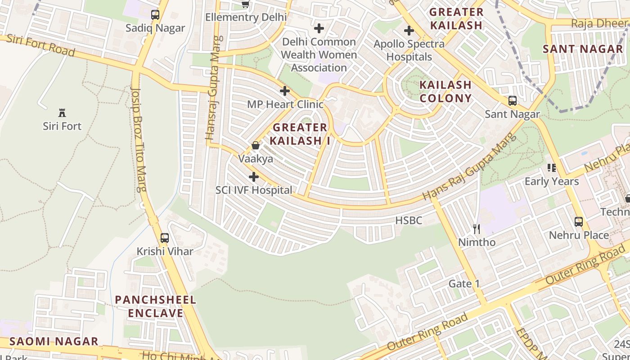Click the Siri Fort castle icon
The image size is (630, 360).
[x=62, y=113]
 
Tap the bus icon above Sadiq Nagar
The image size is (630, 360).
[x=155, y=15]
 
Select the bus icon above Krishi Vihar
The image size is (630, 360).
[x=165, y=238]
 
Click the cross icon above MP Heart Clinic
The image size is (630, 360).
[x=285, y=91]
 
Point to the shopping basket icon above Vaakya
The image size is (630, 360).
[x=256, y=145]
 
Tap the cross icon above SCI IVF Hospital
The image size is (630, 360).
[x=254, y=177]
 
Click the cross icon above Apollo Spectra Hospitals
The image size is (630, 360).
[x=409, y=31]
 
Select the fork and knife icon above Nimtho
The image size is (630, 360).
[x=477, y=229]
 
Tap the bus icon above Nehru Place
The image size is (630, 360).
[x=579, y=221]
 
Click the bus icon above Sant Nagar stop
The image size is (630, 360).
[x=512, y=101]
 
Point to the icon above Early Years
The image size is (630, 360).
[x=552, y=168]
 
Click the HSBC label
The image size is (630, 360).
[x=409, y=220]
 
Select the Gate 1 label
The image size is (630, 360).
[x=464, y=283]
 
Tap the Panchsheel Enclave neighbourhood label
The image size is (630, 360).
[x=156, y=306]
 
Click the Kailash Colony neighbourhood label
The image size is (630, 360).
[x=445, y=91]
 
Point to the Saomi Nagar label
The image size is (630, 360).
[x=54, y=341]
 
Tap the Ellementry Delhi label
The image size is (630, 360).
[x=246, y=17]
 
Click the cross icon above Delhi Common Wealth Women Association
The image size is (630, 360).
[x=319, y=28]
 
